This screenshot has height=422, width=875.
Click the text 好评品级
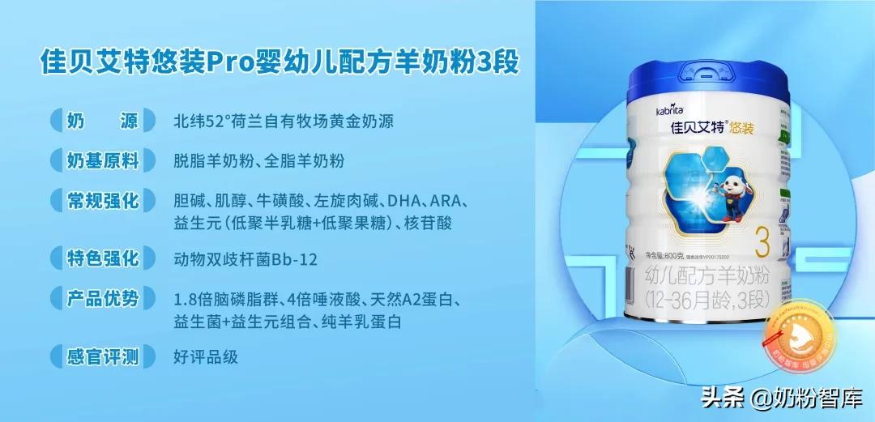[x=206, y=357]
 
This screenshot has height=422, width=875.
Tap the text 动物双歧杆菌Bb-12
[x=245, y=260]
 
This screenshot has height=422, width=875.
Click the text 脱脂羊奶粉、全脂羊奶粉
[x=258, y=161]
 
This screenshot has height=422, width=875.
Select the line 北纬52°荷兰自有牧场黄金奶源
[x=284, y=122]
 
